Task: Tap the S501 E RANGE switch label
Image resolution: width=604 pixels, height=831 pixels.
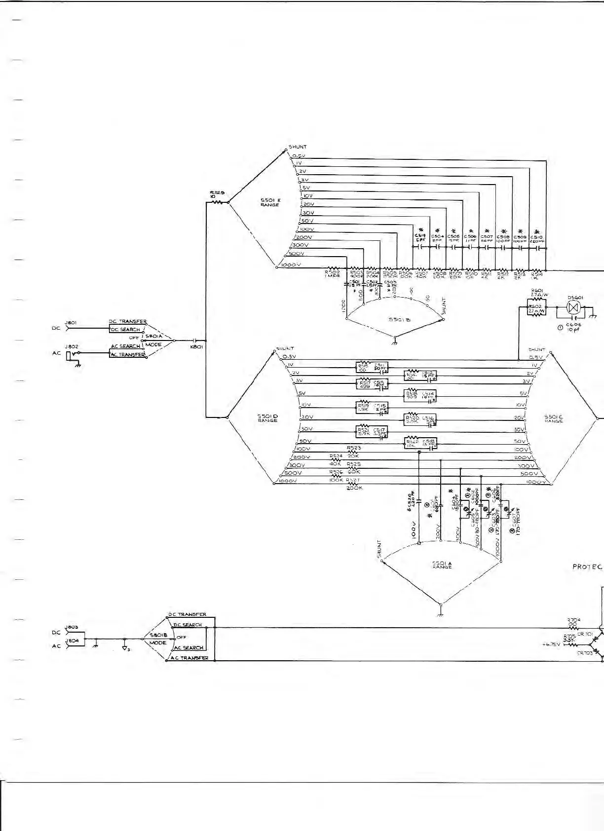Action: pyautogui.click(x=270, y=202)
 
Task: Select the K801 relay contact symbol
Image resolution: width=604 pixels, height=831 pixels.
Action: pyautogui.click(x=194, y=340)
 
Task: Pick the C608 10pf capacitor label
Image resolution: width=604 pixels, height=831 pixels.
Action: pyautogui.click(x=573, y=327)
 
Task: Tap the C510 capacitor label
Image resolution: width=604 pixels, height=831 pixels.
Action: pyautogui.click(x=536, y=238)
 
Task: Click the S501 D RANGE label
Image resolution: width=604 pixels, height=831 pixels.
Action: pyautogui.click(x=268, y=418)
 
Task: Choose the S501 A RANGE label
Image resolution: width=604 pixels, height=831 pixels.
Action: pyautogui.click(x=442, y=565)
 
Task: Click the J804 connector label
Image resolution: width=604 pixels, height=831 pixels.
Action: pyautogui.click(x=72, y=641)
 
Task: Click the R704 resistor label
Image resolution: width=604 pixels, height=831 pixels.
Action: pyautogui.click(x=573, y=622)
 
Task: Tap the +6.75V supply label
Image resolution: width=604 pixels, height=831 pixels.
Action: pyautogui.click(x=550, y=644)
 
